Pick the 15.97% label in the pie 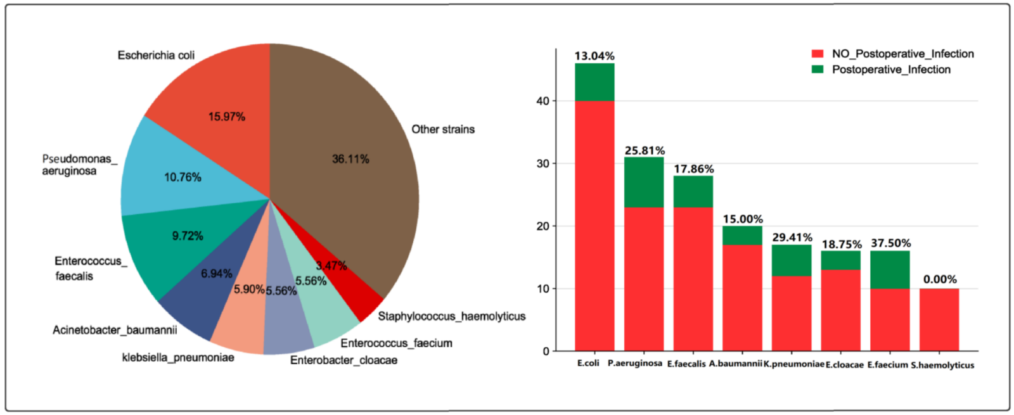[x=226, y=117]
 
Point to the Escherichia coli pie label [x=156, y=55]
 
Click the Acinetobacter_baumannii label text [x=115, y=330]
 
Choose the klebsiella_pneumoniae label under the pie [x=178, y=358]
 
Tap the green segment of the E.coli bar [x=594, y=82]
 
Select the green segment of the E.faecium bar [x=890, y=269]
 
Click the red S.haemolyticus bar [x=939, y=319]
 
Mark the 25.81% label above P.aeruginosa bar [x=645, y=151]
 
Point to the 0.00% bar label [x=940, y=279]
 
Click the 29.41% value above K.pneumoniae [x=792, y=238]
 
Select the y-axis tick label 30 [x=542, y=163]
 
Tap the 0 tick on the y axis [x=546, y=352]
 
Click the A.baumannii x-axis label [x=735, y=364]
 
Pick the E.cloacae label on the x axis [x=844, y=365]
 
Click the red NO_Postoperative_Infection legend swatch [x=818, y=54]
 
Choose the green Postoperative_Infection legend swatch [x=818, y=70]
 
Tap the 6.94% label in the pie [x=216, y=274]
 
